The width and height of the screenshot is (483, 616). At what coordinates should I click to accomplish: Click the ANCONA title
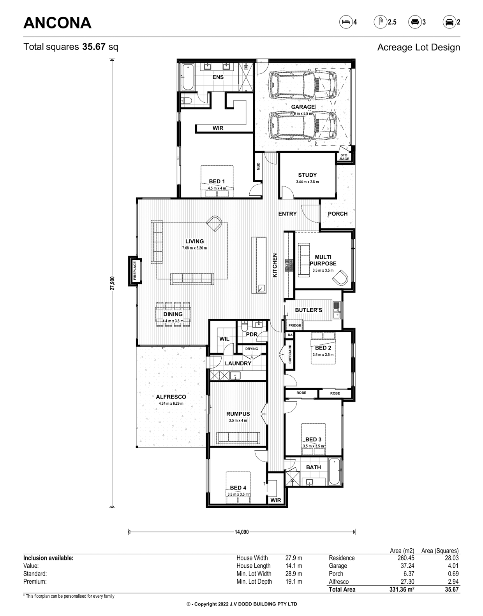tap(57, 23)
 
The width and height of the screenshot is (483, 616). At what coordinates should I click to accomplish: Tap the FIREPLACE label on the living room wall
tap(135, 270)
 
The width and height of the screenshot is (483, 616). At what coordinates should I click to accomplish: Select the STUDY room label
tap(307, 175)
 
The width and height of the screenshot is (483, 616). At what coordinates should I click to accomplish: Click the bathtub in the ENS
tap(187, 77)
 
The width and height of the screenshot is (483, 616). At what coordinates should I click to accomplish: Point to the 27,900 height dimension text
tap(113, 283)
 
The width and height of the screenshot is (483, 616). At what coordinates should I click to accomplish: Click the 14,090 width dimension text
tap(241, 532)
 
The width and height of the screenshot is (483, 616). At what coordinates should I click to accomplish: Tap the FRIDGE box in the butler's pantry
tap(295, 325)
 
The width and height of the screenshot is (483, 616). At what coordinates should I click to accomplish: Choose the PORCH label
tap(337, 214)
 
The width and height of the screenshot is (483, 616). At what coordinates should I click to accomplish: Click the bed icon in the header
tap(346, 22)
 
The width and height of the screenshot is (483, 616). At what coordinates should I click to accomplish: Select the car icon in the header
tap(449, 22)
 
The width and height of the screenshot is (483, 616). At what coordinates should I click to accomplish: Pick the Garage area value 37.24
tap(407, 565)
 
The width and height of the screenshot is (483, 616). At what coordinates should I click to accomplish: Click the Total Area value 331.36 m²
tap(402, 590)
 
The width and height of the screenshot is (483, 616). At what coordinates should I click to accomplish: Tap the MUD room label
tap(258, 166)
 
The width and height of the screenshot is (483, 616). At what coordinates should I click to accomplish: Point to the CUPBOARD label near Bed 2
tap(290, 354)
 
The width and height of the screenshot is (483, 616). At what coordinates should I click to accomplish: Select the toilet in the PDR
tap(245, 327)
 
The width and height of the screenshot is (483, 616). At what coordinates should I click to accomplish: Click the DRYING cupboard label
tap(252, 349)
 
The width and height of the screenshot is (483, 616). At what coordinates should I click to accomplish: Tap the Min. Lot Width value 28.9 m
tap(294, 574)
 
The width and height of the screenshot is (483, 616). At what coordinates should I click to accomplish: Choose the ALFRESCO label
tap(171, 397)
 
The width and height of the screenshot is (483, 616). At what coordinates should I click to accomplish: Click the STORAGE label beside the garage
tap(344, 157)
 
